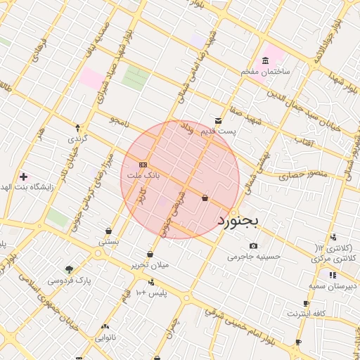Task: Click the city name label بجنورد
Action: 238,221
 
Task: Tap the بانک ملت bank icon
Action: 143,164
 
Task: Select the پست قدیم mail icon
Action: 218,121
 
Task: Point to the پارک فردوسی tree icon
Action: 69,269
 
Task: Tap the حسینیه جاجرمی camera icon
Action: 253,245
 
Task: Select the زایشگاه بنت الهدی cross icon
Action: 24,176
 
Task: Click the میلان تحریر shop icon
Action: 150,254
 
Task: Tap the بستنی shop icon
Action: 108,231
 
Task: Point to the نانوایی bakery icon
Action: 105,326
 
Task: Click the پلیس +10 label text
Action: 151,292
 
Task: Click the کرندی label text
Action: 77,139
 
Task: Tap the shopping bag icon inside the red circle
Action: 205,198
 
